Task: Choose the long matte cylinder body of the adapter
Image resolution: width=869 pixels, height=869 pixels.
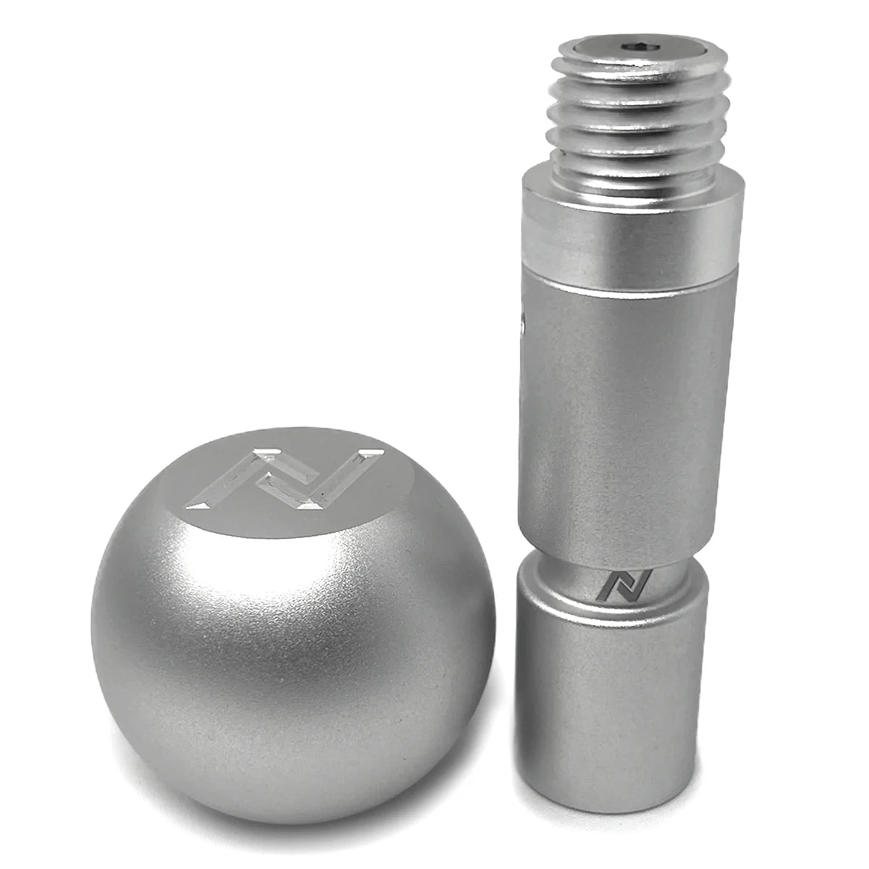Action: point(626,406)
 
